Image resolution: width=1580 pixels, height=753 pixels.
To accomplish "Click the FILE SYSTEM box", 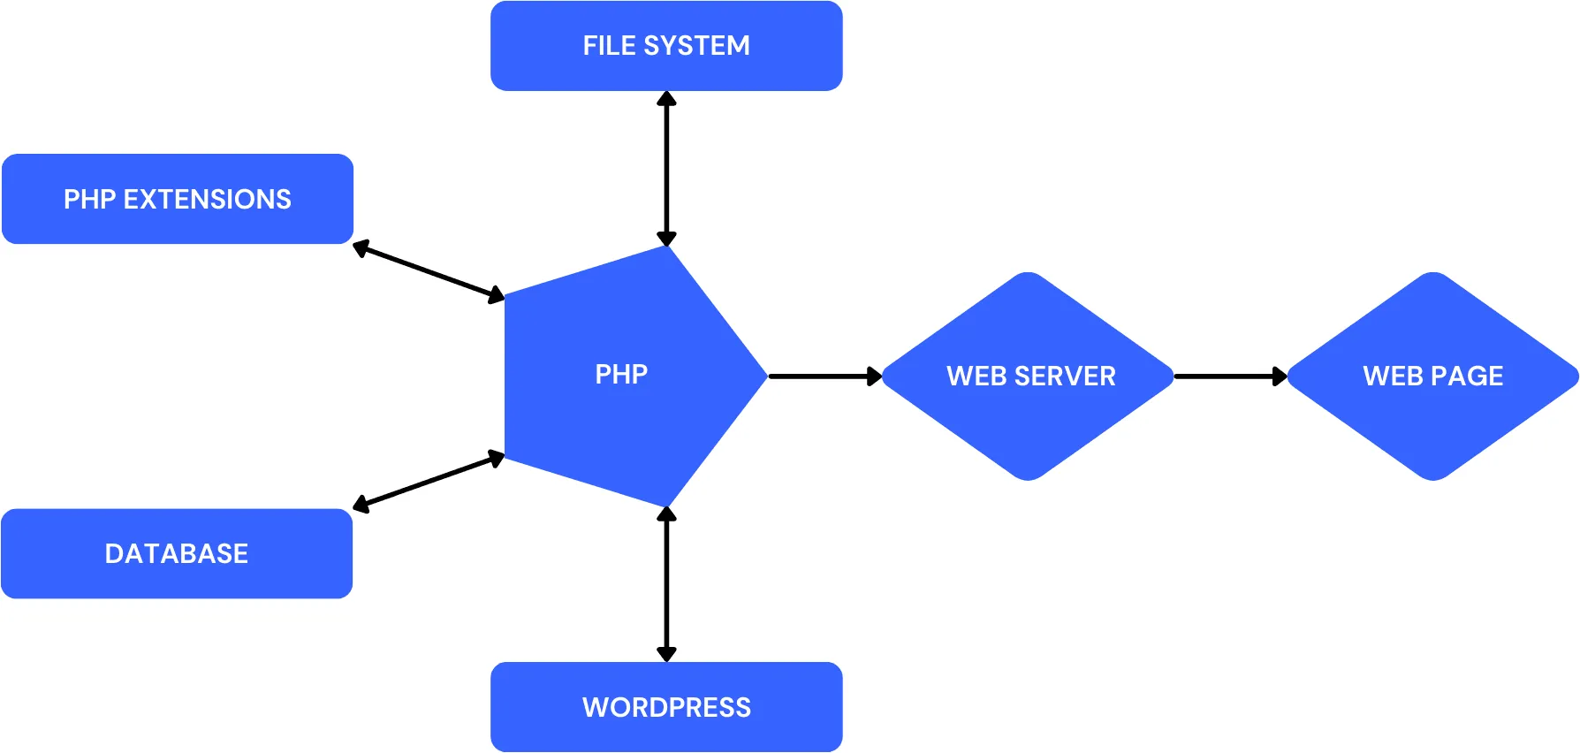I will click(666, 46).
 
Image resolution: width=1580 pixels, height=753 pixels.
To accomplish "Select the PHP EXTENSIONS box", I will click(178, 199).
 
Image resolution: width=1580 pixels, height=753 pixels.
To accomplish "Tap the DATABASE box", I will click(177, 553).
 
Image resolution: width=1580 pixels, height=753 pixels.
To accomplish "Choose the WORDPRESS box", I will click(666, 707).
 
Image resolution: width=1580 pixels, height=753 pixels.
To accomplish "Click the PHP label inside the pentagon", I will click(621, 374).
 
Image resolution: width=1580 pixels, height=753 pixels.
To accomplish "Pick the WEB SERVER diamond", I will click(1029, 376).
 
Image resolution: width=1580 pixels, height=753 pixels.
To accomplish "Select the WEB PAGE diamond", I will click(1433, 376).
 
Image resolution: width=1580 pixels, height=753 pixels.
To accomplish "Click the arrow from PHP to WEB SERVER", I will click(822, 376).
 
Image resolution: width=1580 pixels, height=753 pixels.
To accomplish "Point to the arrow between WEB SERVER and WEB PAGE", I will click(1228, 376).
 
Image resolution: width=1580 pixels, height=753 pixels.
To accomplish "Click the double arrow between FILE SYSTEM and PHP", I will click(666, 168).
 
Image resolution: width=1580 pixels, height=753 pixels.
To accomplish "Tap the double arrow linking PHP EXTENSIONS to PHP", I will click(429, 271).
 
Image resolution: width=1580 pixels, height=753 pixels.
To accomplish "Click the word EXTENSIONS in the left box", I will click(207, 199).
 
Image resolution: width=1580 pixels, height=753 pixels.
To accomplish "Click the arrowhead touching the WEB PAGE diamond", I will click(1280, 376).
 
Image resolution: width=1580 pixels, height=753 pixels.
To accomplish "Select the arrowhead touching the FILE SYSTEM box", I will click(666, 98).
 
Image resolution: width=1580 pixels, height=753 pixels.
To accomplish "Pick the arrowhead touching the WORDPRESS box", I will click(666, 654).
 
